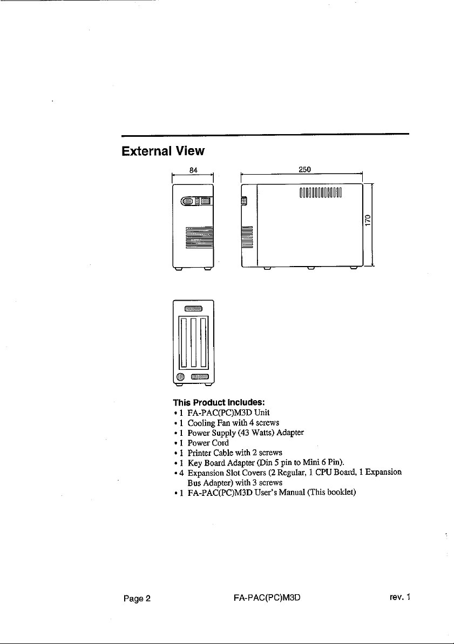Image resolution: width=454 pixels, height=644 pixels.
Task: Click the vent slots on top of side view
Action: coord(321,192)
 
